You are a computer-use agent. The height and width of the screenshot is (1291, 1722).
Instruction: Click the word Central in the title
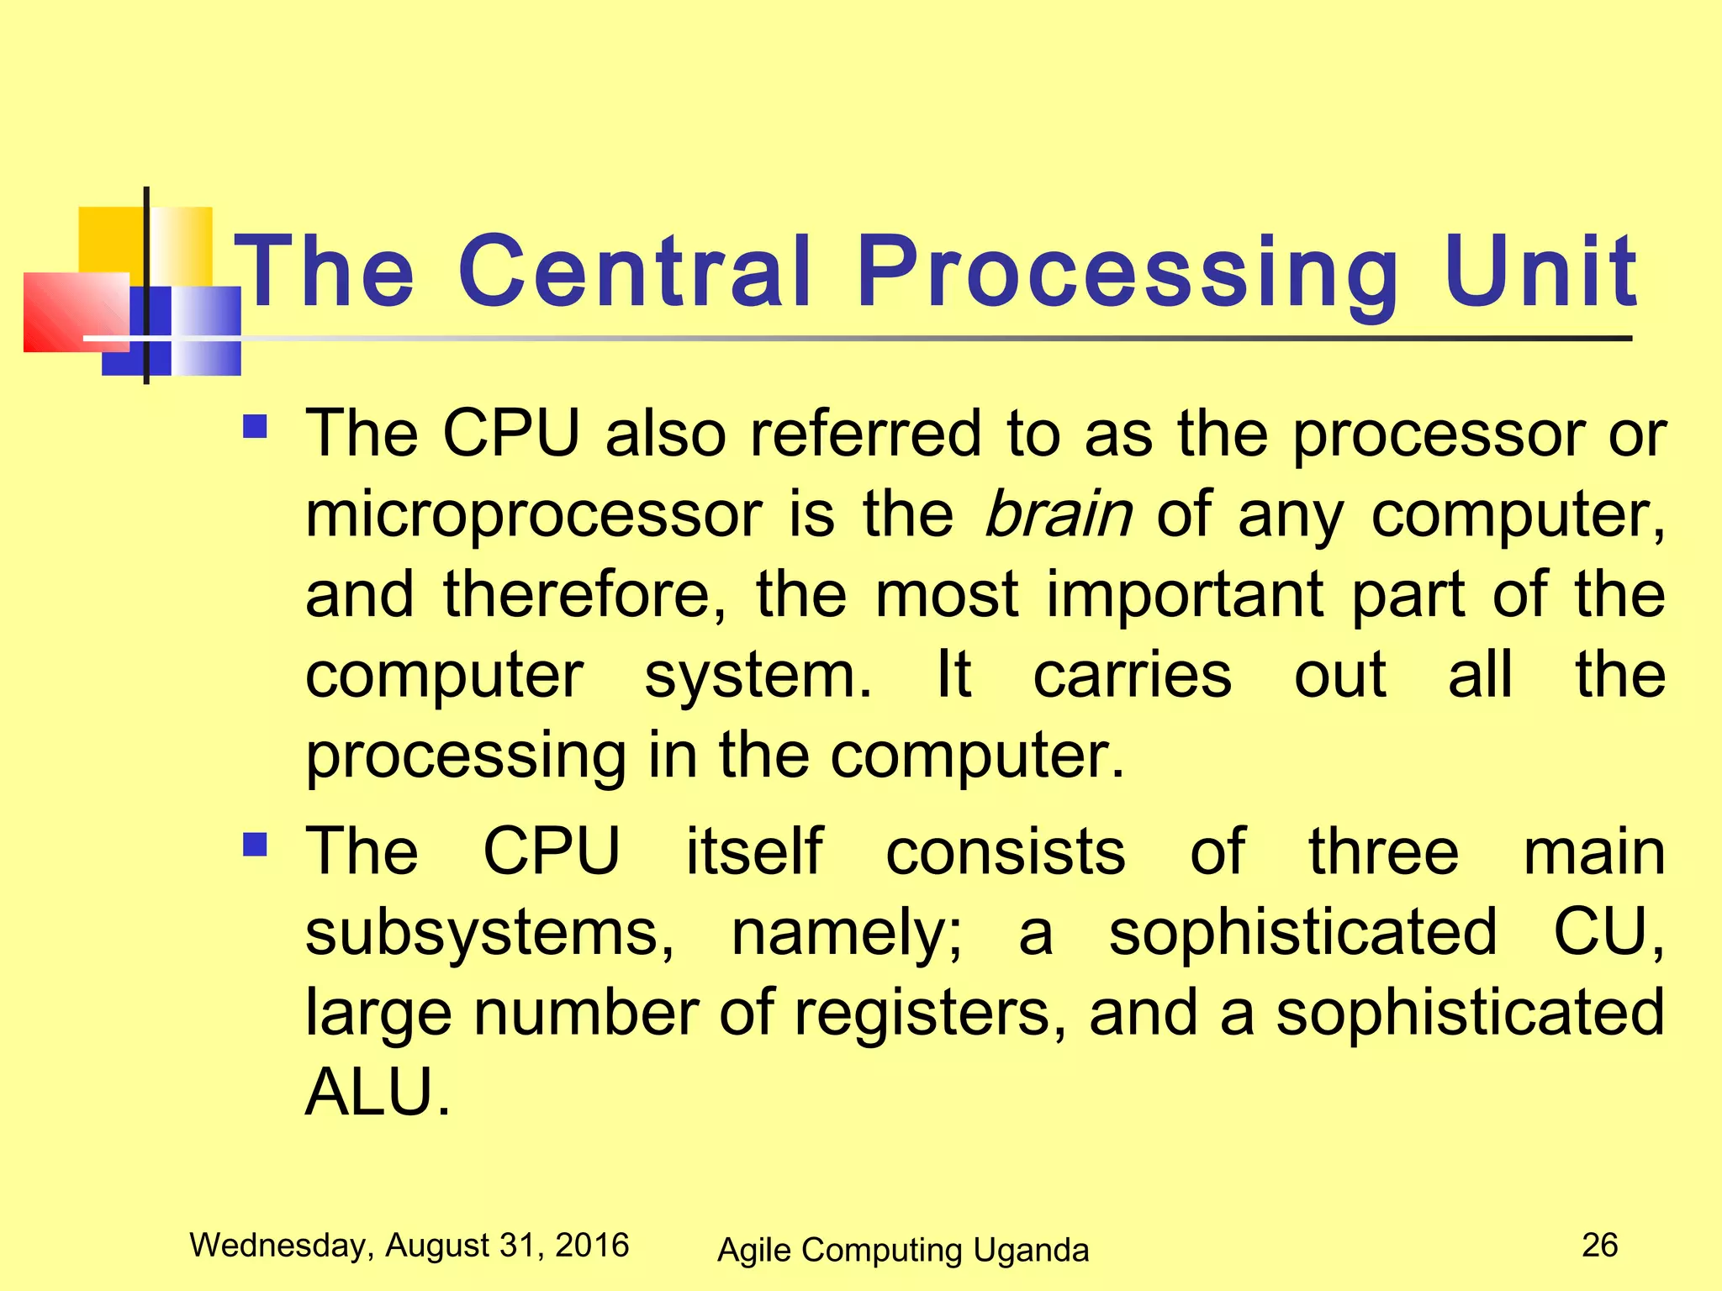click(635, 271)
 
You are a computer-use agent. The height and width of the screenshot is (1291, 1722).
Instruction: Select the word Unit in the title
click(1540, 271)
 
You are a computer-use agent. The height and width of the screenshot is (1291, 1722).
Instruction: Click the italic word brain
click(1058, 514)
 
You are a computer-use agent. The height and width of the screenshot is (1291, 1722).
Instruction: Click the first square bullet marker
click(255, 427)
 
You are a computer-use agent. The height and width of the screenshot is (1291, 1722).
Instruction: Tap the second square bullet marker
click(255, 843)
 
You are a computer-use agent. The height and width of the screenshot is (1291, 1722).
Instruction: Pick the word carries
click(1132, 675)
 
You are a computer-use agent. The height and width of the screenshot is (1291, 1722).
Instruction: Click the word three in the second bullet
click(1383, 851)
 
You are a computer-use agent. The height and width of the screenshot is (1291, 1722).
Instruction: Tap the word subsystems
click(489, 933)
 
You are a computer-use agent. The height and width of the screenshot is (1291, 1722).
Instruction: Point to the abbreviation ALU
click(378, 1092)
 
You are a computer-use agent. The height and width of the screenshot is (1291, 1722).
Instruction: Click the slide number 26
click(1599, 1245)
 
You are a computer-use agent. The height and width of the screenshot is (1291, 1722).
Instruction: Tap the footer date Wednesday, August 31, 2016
click(409, 1245)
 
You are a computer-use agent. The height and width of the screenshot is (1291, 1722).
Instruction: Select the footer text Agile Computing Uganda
click(903, 1250)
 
